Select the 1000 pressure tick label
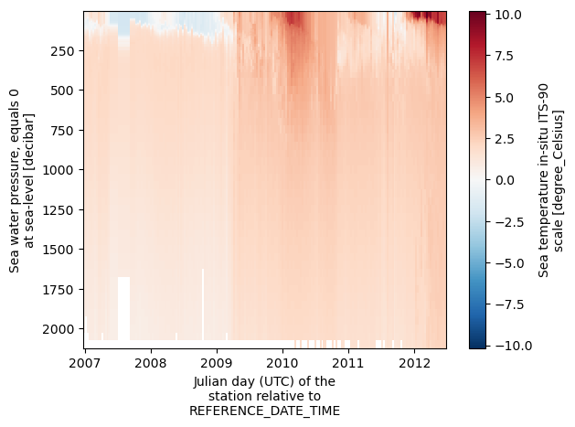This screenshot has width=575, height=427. pos(60,170)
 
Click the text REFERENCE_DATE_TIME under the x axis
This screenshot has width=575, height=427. pos(264,411)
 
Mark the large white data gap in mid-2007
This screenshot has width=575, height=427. pos(123,307)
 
